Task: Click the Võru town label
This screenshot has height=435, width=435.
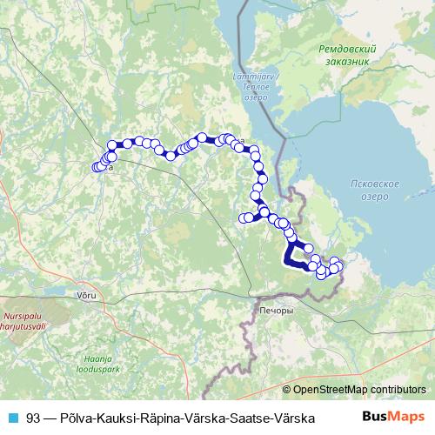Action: tap(87, 296)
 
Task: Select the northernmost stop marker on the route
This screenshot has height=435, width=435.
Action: tap(203, 137)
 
